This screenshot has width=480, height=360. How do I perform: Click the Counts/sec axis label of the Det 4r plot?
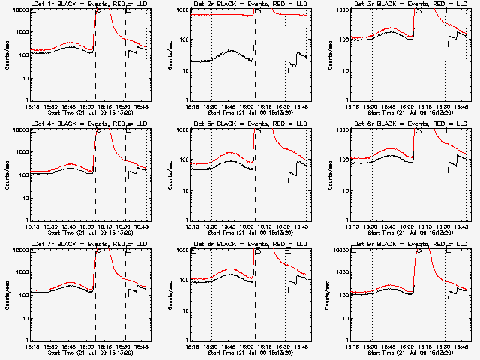(x=7, y=175)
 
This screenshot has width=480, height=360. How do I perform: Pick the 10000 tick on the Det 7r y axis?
(x=19, y=251)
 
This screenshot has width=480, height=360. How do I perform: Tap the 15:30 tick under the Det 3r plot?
(x=372, y=106)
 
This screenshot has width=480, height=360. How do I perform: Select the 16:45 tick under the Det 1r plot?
(x=143, y=106)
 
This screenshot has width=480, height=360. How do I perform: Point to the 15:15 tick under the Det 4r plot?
(x=33, y=226)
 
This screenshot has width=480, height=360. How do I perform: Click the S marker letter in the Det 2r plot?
(x=259, y=11)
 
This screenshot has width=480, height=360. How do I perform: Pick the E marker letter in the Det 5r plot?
(x=289, y=131)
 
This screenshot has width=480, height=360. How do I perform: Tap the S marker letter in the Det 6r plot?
(x=418, y=131)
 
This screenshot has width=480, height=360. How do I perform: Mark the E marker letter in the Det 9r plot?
(x=448, y=251)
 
